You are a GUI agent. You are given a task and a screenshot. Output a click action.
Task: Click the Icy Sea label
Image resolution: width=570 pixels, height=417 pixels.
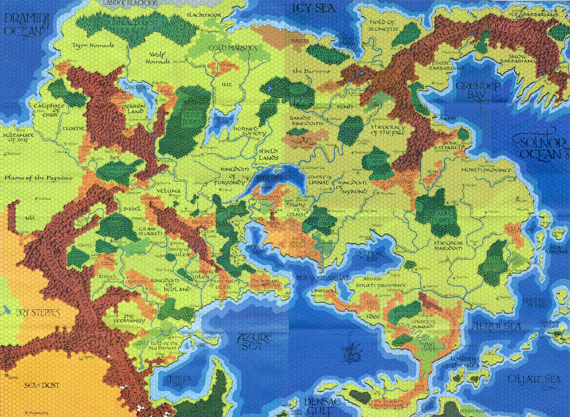coord(314,8)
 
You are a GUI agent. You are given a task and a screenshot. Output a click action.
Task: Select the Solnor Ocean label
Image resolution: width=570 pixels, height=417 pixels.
coord(543,148)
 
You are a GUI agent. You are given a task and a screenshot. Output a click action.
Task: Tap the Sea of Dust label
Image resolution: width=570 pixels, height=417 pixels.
coord(42,385)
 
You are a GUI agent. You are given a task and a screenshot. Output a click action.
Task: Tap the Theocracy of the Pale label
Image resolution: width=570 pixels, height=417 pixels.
coord(388,130)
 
